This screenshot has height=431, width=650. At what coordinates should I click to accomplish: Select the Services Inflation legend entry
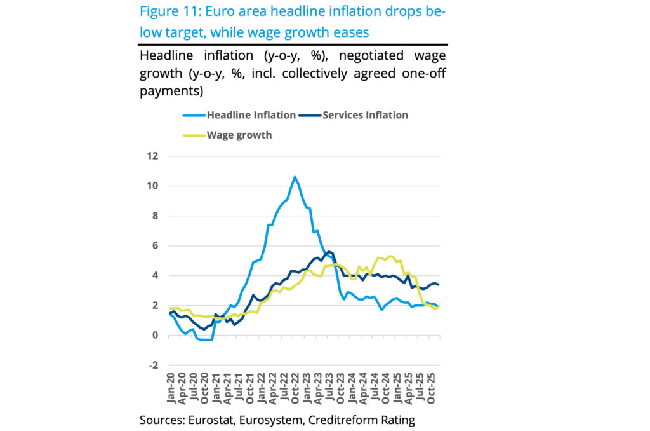tap(365, 115)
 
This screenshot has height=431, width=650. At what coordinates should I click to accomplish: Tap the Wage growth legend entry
tap(239, 135)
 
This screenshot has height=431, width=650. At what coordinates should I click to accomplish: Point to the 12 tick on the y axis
tap(153, 156)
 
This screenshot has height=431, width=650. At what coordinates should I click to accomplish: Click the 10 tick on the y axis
tap(153, 186)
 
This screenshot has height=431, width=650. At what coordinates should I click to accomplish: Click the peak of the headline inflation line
tap(295, 177)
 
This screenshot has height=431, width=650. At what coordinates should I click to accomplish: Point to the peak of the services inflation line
tap(329, 252)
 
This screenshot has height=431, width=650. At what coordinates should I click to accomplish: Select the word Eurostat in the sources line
tap(208, 420)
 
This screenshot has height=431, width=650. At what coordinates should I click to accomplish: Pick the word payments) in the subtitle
tap(171, 91)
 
